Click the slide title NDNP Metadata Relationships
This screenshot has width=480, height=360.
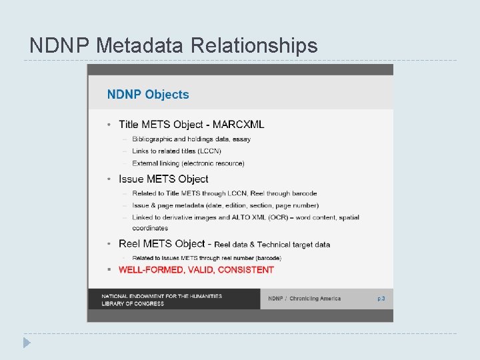173,45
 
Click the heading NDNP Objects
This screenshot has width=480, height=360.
148,95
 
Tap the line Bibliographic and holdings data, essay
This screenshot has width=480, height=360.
191,139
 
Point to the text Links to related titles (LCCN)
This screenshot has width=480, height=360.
177,151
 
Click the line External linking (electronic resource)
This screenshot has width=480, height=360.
188,163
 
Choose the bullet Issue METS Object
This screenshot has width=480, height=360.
163,179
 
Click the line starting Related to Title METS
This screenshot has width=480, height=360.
224,193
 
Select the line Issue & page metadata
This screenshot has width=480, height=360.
225,205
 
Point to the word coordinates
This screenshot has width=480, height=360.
150,228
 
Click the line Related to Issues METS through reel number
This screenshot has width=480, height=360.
207,258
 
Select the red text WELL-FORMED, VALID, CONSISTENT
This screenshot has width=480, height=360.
196,270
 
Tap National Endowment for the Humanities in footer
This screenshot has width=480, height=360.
162,296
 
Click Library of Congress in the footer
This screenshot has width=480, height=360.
133,304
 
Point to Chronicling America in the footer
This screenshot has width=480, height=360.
315,299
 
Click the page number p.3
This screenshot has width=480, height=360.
381,299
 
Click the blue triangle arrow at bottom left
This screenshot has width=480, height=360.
26,343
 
